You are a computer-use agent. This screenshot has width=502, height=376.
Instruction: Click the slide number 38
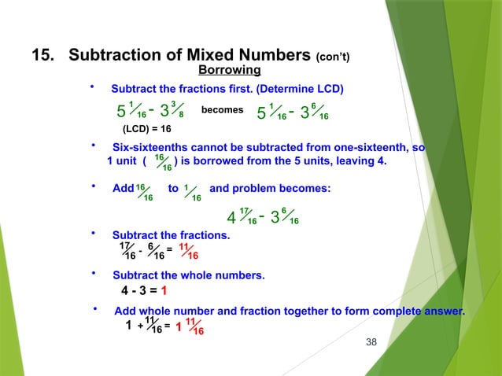[x=373, y=342]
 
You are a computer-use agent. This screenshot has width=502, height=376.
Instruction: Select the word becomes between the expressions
[x=222, y=110]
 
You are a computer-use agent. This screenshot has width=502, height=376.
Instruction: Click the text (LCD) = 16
[x=146, y=128]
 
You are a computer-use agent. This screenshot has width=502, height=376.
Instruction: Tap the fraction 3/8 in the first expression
[x=177, y=109]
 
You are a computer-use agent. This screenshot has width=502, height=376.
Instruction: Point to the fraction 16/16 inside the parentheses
[x=161, y=163]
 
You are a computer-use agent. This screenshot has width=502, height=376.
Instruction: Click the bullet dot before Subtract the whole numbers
[x=94, y=274]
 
